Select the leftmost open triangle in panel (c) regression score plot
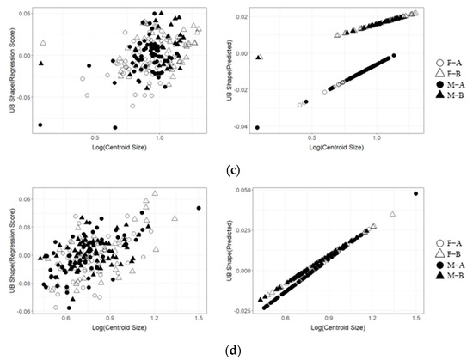(43, 42)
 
